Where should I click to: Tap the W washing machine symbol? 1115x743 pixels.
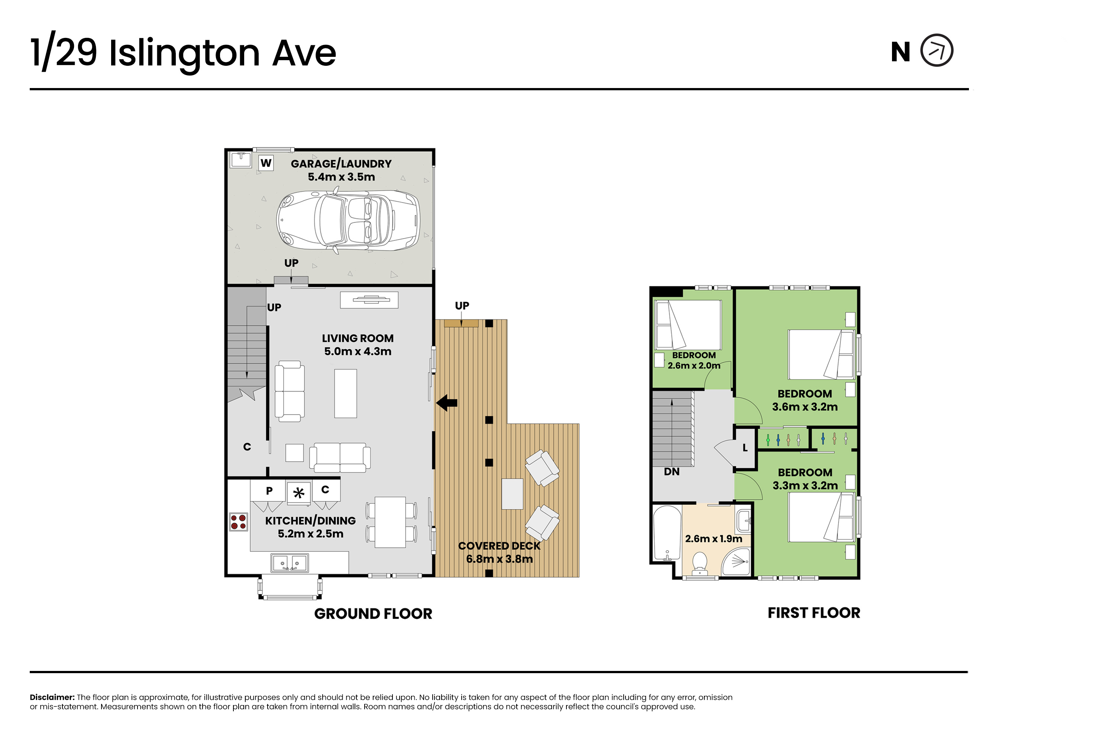pyautogui.click(x=266, y=163)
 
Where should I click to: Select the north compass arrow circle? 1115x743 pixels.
pyautogui.click(x=937, y=50)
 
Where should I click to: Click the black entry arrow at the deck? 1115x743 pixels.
pyautogui.click(x=447, y=403)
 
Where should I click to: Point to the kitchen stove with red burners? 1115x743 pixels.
pyautogui.click(x=239, y=522)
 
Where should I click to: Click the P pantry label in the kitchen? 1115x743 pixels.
pyautogui.click(x=269, y=491)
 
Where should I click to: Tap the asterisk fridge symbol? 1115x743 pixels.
pyautogui.click(x=299, y=493)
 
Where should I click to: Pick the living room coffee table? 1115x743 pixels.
pyautogui.click(x=346, y=393)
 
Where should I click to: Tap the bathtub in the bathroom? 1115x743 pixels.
pyautogui.click(x=668, y=533)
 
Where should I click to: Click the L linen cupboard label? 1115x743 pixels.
pyautogui.click(x=745, y=448)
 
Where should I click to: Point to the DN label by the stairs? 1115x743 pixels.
pyautogui.click(x=672, y=472)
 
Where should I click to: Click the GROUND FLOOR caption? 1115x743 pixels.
pyautogui.click(x=373, y=614)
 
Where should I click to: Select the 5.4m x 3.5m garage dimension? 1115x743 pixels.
pyautogui.click(x=341, y=177)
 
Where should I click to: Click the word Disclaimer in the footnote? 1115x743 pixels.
pyautogui.click(x=52, y=697)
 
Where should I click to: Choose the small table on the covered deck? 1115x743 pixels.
pyautogui.click(x=513, y=494)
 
